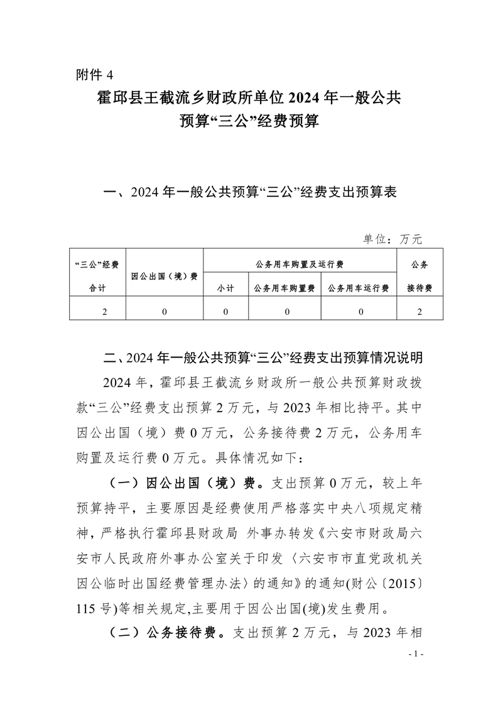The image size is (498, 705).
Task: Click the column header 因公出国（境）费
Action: tap(165, 276)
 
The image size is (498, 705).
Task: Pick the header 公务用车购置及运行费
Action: tap(300, 264)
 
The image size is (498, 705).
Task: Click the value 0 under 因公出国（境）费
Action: tap(165, 311)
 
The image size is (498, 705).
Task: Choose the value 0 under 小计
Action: tap(225, 311)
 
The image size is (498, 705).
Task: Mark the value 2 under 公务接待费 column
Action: tap(419, 311)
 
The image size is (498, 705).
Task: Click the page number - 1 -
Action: tap(416, 654)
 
